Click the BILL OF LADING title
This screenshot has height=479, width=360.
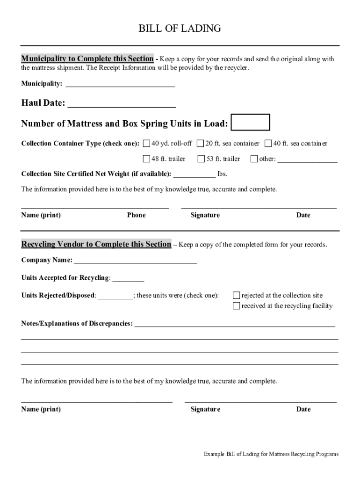180,29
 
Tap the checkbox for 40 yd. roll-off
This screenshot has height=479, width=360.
147,143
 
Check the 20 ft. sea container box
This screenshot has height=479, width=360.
201,143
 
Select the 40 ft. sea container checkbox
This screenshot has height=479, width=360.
268,143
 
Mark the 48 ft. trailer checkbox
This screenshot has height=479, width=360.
147,159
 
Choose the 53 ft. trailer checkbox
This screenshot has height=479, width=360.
202,159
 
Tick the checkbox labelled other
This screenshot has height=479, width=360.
254,159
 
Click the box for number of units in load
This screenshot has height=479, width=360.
251,122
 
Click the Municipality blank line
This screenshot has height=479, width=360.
120,85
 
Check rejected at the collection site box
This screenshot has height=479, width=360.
237,295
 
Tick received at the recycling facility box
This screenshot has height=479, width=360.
237,306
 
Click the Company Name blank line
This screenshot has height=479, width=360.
135,261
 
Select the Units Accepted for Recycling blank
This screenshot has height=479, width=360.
128,279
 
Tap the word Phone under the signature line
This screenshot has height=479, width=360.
136,215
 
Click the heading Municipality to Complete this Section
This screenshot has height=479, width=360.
87,59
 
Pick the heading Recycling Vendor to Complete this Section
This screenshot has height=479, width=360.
96,244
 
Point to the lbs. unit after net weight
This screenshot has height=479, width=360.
223,174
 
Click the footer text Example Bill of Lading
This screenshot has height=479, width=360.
271,454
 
